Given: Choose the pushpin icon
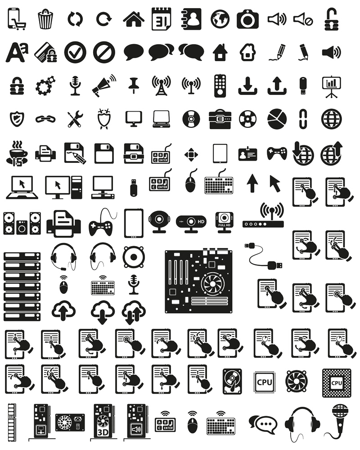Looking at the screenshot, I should [x=133, y=84].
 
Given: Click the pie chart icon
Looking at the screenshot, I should [x=276, y=118].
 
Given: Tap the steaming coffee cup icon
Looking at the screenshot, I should [x=17, y=153].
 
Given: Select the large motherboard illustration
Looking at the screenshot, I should [x=198, y=281].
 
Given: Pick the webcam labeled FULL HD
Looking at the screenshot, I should [x=223, y=220].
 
